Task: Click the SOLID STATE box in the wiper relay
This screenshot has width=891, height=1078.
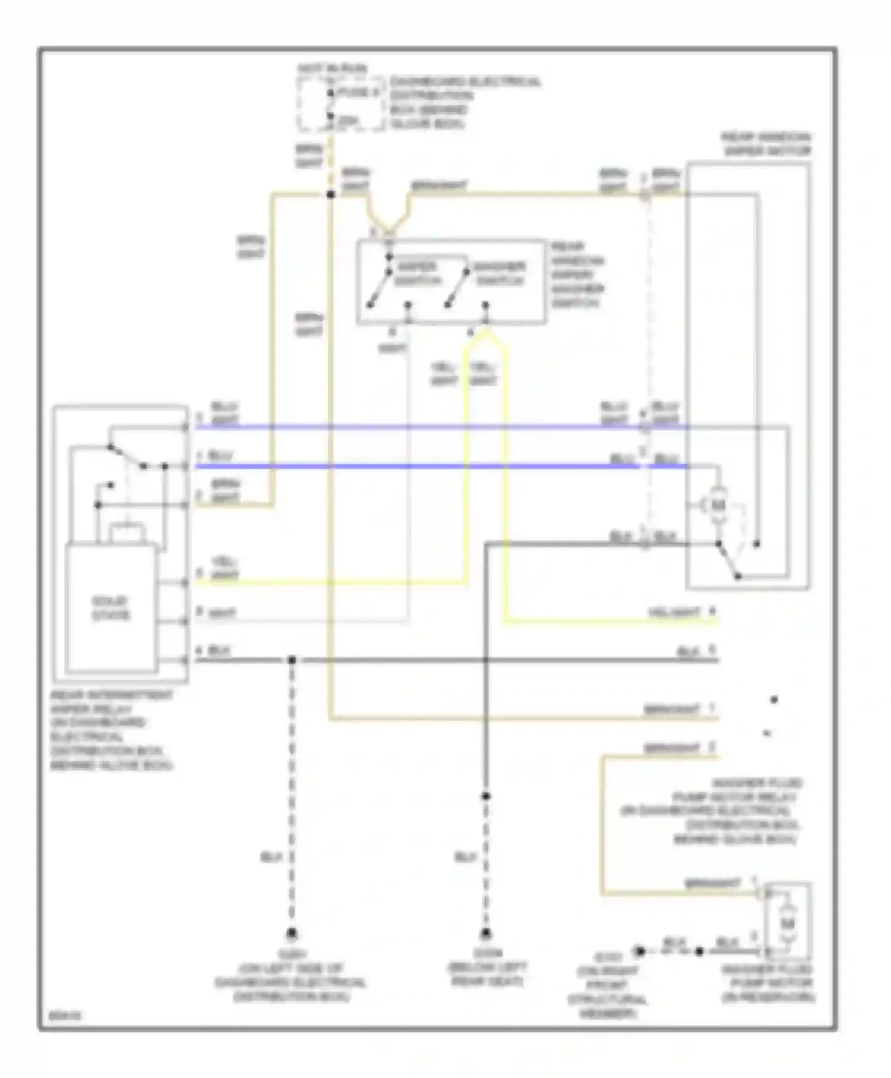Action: tap(111, 609)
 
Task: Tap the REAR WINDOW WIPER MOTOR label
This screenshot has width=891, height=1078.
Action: tap(766, 144)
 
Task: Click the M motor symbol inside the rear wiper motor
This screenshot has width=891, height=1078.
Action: tap(718, 505)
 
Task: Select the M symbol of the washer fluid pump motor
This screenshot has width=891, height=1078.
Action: tap(787, 923)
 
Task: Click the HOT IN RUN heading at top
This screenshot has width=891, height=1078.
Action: tap(332, 69)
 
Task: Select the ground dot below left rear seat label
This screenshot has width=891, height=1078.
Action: tap(486, 933)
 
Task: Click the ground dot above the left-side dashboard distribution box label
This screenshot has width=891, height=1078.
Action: tap(291, 933)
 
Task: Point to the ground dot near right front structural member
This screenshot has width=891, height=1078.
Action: tap(640, 951)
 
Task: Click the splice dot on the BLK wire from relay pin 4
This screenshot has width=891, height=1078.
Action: tap(292, 660)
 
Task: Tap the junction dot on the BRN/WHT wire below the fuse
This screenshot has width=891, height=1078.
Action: tap(331, 194)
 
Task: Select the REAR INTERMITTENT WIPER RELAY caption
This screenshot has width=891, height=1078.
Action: tap(112, 730)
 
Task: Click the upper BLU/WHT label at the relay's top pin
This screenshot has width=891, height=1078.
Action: tap(225, 414)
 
